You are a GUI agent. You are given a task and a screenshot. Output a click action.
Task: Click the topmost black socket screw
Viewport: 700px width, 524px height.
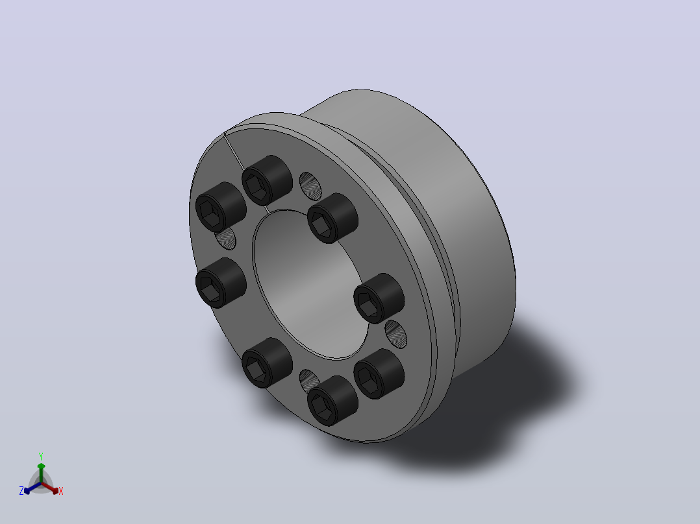coord(267,181)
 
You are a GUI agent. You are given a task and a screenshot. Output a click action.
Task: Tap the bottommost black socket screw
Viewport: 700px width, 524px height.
coord(332,401)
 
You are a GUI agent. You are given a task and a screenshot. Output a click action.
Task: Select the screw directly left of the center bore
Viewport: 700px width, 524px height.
coord(221,283)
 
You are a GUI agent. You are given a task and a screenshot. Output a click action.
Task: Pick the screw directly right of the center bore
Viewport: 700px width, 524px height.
coord(379,298)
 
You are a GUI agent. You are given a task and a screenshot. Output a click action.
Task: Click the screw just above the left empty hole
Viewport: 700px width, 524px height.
coord(221,207)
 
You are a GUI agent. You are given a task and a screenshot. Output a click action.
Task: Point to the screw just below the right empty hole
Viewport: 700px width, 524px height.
coord(379,374)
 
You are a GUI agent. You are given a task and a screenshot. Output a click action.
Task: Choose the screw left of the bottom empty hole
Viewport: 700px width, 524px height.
coord(267,363)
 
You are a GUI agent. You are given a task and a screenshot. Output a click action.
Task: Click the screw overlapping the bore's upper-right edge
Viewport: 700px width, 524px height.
coord(332,218)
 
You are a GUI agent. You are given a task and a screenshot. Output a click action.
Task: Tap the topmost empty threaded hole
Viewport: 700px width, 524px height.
coord(310,186)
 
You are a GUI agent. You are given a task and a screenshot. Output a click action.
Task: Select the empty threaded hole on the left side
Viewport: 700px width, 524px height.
coord(226,238)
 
